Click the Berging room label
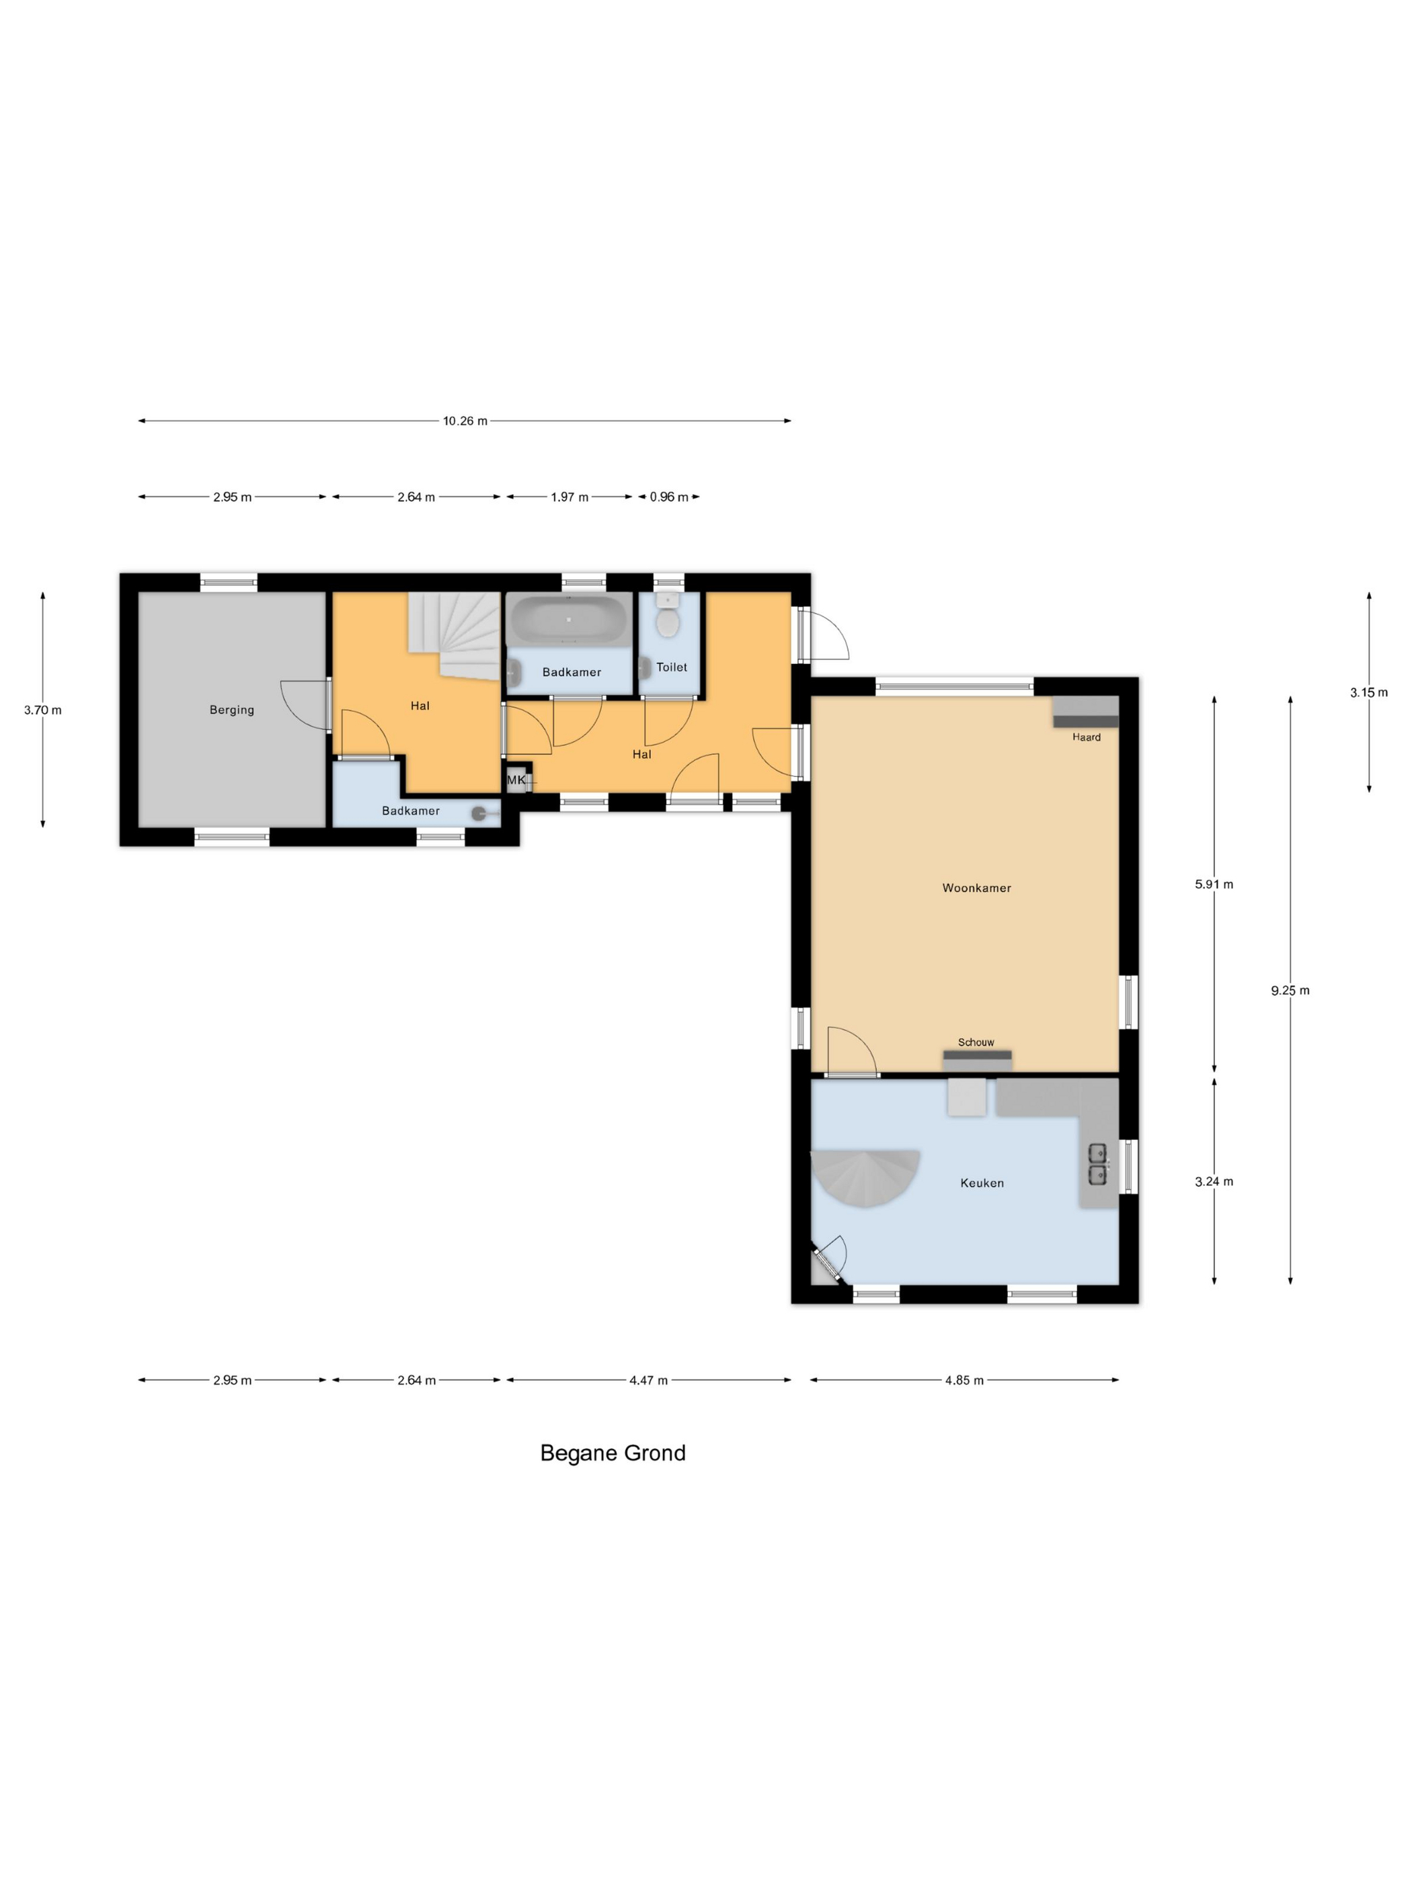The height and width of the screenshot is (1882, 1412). pos(231,710)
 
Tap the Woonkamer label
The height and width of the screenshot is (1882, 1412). pos(976,887)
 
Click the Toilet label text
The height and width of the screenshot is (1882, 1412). pos(672,667)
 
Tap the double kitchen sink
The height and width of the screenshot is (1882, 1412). pos(1098,1164)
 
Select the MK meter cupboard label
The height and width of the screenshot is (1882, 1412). pos(516,779)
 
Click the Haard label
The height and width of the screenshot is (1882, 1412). pos(1086,737)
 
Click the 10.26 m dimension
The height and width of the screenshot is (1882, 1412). pos(465,420)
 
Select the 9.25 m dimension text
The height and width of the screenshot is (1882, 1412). pos(1290,989)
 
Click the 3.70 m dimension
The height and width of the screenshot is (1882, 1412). pos(42,710)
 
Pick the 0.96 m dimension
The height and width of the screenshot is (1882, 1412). pos(669,497)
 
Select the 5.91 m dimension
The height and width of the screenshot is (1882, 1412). pos(1214,884)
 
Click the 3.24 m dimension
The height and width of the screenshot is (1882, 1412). pos(1214,1181)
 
